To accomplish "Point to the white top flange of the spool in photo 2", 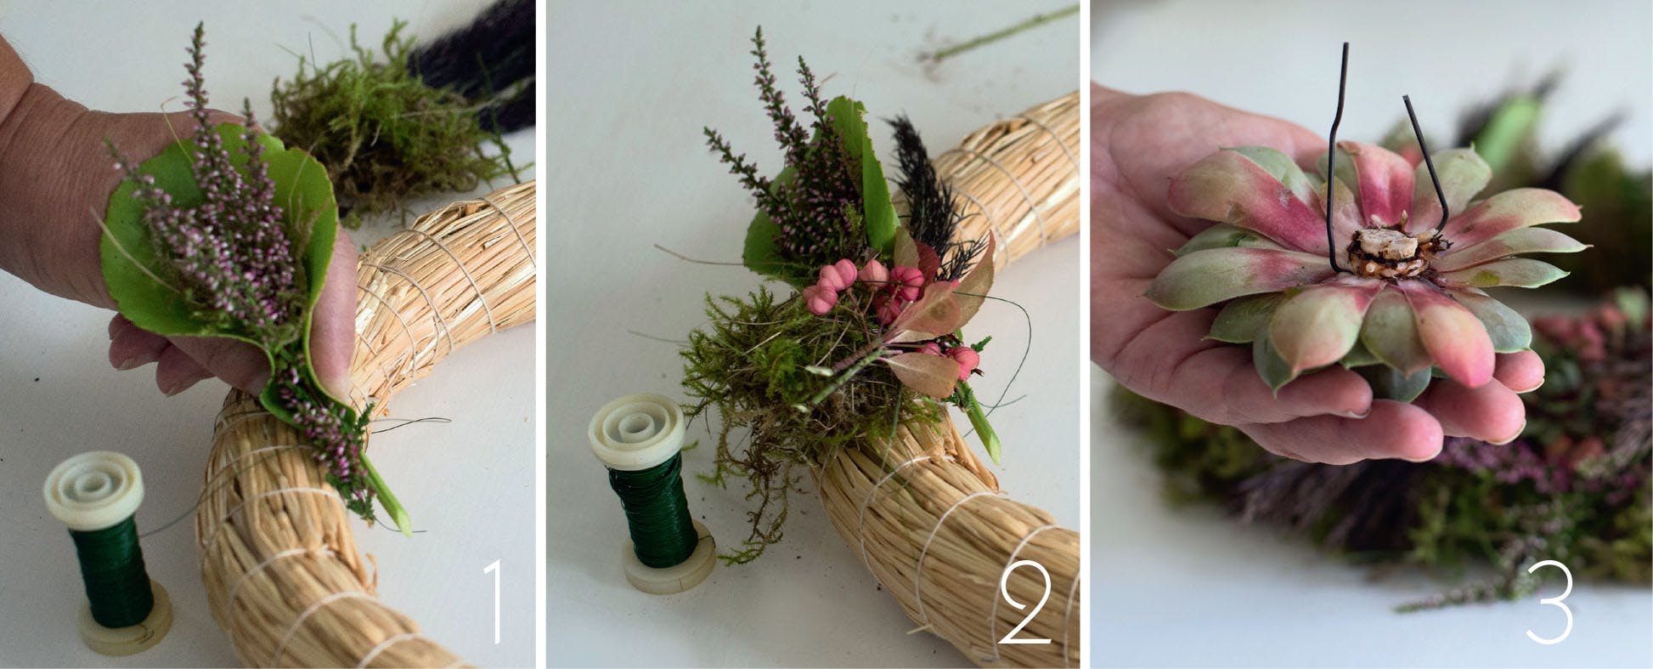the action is [x=636, y=431].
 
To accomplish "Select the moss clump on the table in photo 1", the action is [x=382, y=128].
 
